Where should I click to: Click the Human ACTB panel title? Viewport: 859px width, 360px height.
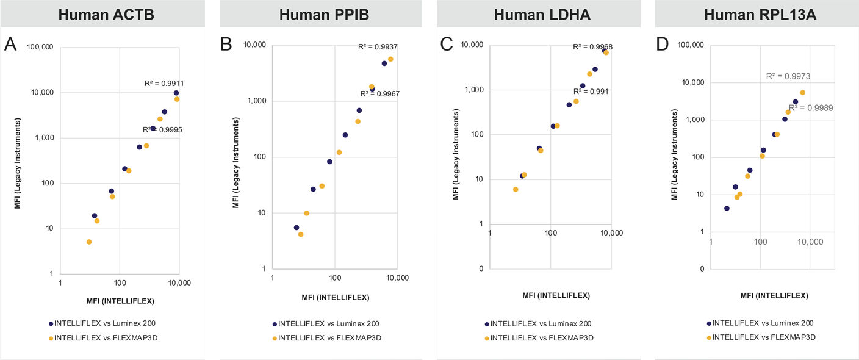(102, 14)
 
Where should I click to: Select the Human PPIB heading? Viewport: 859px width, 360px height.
(320, 14)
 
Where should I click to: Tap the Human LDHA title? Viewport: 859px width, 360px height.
(538, 14)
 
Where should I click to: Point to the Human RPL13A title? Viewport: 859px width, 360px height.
(756, 14)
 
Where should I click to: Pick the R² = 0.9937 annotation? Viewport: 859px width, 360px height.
(377, 46)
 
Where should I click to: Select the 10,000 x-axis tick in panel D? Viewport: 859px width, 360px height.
(810, 242)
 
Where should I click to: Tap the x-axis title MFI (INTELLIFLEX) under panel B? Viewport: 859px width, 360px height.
(335, 298)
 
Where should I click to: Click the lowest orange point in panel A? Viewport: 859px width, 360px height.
(89, 242)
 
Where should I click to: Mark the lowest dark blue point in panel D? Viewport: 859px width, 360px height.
(727, 208)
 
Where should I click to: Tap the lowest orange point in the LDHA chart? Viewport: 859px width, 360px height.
(516, 189)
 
